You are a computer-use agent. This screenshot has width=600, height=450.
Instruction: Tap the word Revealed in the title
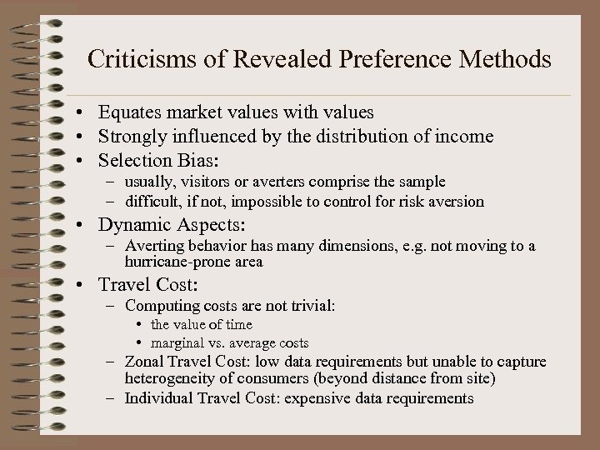(x=282, y=60)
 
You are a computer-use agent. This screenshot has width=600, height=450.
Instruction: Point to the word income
(x=463, y=135)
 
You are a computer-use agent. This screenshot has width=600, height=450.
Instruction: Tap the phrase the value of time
(x=202, y=324)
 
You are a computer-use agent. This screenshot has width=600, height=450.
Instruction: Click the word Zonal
(x=143, y=361)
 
